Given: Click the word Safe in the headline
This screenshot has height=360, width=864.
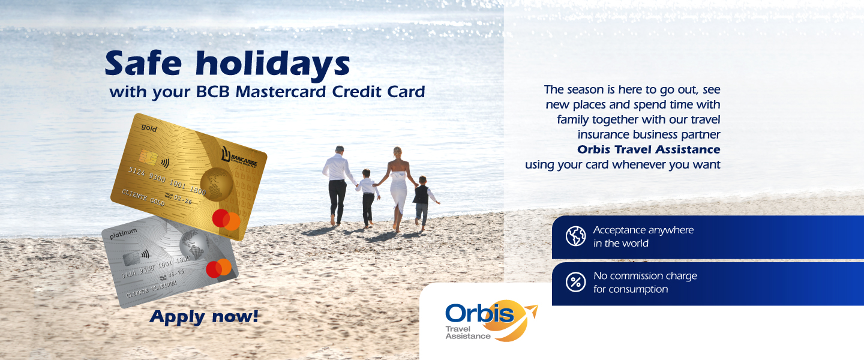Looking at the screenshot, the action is pos(143,63).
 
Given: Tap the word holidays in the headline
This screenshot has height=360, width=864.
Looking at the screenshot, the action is pos(272,65).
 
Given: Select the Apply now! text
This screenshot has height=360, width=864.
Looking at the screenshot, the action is pos(203,317).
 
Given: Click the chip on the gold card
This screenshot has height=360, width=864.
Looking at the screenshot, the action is pos(148,157).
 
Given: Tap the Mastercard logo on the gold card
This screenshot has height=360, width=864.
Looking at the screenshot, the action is pos(226,220).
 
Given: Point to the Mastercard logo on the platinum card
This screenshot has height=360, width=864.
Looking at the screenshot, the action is pos(218,268).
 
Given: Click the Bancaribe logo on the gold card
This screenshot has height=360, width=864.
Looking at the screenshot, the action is pos(239,157).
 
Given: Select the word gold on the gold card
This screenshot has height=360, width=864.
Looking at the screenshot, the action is pos(149,128).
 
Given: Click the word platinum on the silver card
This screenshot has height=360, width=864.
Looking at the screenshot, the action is pos(123,233).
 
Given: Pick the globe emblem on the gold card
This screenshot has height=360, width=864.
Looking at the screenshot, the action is pos(217,184).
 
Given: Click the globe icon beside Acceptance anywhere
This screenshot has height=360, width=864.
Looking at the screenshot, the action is pos(575,236).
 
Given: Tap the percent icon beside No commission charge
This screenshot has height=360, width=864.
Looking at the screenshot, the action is pos(575,282).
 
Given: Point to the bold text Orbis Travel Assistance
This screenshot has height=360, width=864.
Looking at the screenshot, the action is pos(649,150).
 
